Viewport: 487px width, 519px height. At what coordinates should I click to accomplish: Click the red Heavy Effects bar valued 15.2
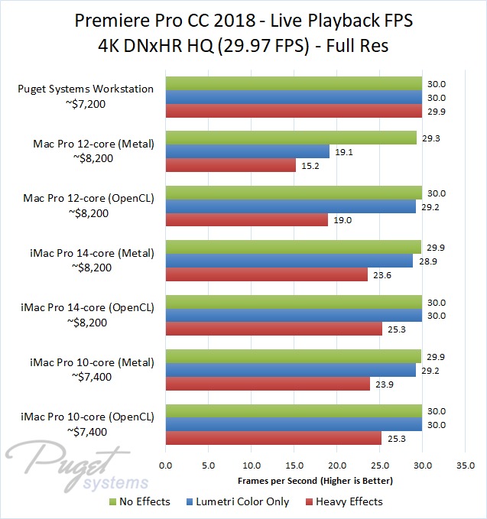(230, 165)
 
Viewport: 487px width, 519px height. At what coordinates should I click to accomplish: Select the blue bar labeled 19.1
(247, 151)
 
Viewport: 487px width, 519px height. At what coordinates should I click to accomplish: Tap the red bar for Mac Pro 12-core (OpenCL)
(246, 220)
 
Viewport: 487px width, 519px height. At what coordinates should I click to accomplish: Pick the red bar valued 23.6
(266, 274)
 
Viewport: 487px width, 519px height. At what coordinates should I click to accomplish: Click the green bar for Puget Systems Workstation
(294, 83)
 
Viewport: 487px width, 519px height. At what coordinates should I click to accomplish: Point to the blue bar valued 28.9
(289, 261)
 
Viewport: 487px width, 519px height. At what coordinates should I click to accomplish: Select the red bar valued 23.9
(268, 384)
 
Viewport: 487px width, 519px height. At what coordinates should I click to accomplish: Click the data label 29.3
(431, 138)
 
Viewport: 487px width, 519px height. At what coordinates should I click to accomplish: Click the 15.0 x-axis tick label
(294, 465)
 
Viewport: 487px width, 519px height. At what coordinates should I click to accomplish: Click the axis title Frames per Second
(315, 481)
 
